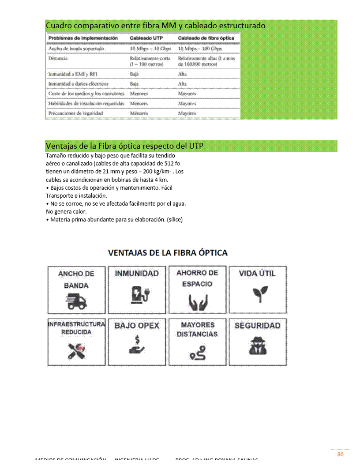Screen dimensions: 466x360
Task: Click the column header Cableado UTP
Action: [x=146, y=38]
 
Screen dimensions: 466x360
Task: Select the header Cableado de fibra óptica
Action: [x=206, y=38]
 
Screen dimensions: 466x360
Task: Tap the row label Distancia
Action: [x=58, y=58]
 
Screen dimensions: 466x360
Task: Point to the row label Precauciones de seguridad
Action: [x=75, y=113]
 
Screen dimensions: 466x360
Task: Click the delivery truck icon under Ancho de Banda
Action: [x=76, y=301]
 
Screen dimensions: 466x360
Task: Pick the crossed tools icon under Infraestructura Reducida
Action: [x=76, y=351]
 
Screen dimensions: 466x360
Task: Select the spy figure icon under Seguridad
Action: [x=258, y=346]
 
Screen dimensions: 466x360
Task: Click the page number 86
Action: [x=340, y=455]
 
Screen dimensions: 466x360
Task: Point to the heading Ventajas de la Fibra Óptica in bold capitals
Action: [x=168, y=253]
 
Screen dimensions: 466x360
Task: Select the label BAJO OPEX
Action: [x=137, y=326]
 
